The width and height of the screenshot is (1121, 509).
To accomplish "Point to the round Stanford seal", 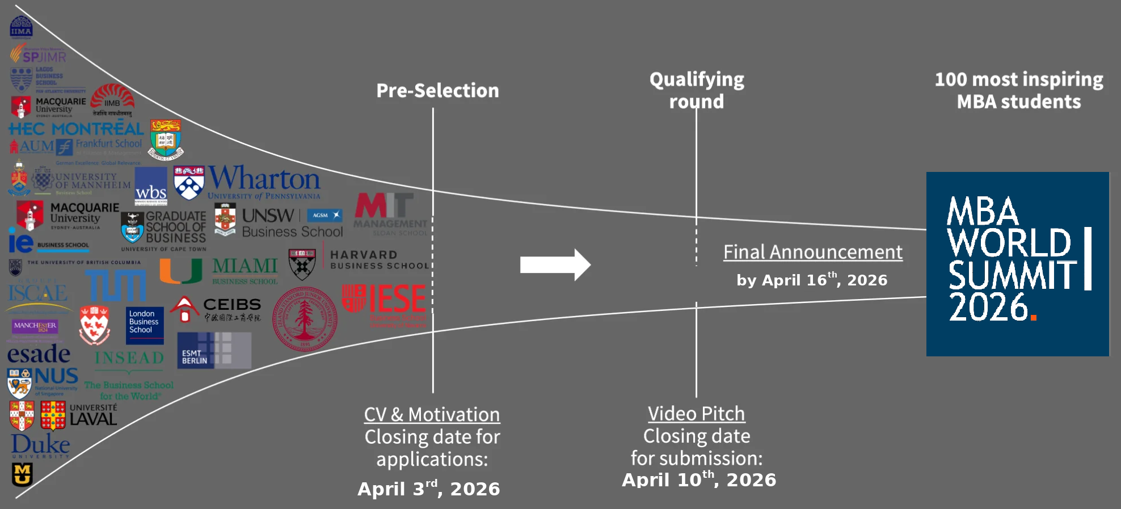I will pyautogui.click(x=305, y=318).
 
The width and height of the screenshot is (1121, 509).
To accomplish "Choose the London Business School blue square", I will pyautogui.click(x=145, y=325).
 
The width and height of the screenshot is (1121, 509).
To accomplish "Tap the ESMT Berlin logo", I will pyautogui.click(x=214, y=351).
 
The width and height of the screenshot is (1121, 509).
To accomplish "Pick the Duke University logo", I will pyautogui.click(x=40, y=446).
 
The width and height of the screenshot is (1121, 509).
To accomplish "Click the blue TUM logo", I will pyautogui.click(x=116, y=285).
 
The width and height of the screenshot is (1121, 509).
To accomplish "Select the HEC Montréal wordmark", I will pyautogui.click(x=76, y=129).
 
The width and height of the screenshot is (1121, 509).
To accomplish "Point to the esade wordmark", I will pyautogui.click(x=39, y=355).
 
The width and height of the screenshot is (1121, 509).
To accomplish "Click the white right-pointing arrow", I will pyautogui.click(x=555, y=264).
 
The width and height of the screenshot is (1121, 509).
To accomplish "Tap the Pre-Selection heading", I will pyautogui.click(x=437, y=91).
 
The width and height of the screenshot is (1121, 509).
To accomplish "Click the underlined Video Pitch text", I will pyautogui.click(x=696, y=414).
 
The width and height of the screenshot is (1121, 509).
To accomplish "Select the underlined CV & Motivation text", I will pyautogui.click(x=432, y=415).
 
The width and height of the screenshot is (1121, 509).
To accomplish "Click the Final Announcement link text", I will pyautogui.click(x=812, y=252).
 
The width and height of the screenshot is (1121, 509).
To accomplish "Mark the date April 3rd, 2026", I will pyautogui.click(x=428, y=489).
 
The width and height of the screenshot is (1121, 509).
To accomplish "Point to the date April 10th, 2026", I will pyautogui.click(x=699, y=479).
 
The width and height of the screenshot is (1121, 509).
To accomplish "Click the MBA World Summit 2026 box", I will pyautogui.click(x=1017, y=264).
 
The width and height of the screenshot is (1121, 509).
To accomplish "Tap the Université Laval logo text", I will pyautogui.click(x=93, y=415).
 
